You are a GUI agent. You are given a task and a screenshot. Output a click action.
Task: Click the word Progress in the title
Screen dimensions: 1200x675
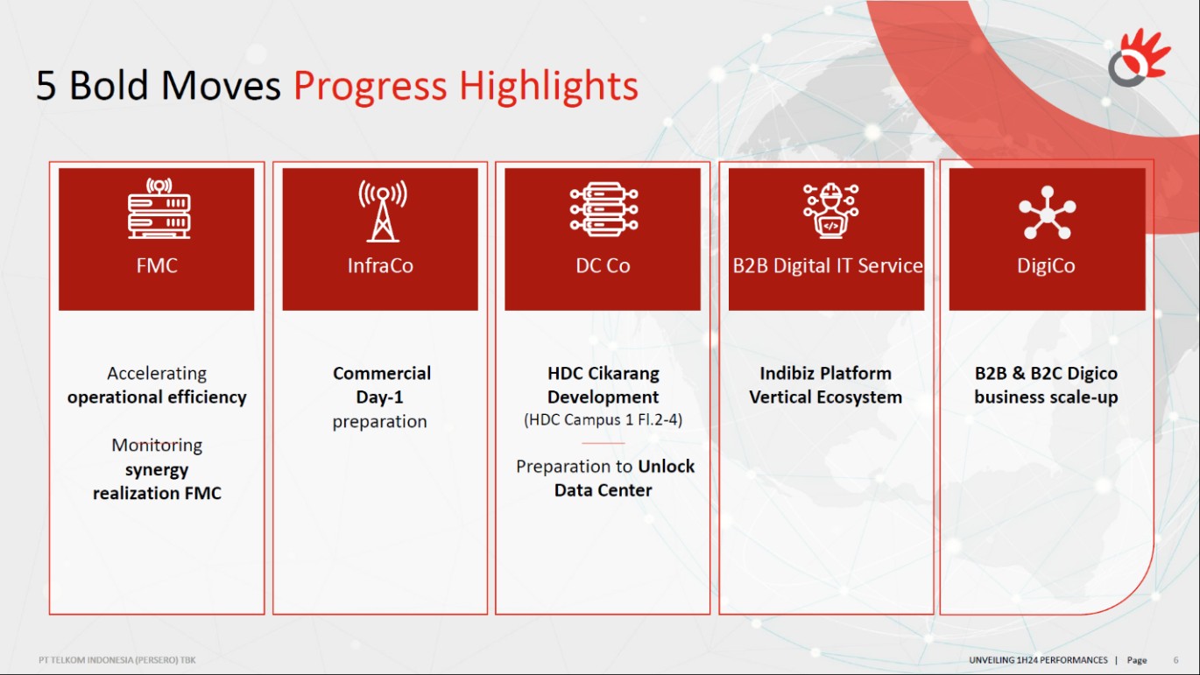(x=370, y=86)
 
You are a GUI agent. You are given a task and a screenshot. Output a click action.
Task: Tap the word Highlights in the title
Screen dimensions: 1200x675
(x=548, y=86)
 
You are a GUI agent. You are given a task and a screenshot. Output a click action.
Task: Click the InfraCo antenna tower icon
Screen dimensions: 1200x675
(x=383, y=211)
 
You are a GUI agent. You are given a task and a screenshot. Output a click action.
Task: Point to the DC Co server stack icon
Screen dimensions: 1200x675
(x=604, y=209)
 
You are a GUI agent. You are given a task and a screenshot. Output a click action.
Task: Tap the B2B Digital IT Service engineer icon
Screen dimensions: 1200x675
(x=830, y=210)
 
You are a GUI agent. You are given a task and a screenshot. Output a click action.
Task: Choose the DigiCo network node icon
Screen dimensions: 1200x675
(x=1048, y=213)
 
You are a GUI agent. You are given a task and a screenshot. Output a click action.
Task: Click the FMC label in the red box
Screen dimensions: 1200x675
(x=157, y=265)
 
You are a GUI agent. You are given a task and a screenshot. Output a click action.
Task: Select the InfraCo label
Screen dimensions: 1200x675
(x=380, y=265)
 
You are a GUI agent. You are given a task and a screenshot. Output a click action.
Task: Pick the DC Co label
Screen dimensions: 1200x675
(x=603, y=265)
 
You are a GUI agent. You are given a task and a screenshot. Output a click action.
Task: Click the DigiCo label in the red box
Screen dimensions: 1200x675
(x=1046, y=266)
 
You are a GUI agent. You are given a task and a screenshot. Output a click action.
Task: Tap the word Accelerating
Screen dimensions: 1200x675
(x=157, y=374)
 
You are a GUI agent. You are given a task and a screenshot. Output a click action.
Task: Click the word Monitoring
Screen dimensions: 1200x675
(x=157, y=446)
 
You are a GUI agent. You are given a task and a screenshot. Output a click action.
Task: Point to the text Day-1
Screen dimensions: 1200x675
(x=379, y=397)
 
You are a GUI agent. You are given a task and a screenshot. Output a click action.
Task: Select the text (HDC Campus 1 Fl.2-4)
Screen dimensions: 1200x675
(x=604, y=419)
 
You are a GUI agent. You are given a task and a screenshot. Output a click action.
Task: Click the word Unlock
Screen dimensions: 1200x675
(x=666, y=467)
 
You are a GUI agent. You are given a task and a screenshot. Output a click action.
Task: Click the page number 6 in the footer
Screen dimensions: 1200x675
(x=1175, y=660)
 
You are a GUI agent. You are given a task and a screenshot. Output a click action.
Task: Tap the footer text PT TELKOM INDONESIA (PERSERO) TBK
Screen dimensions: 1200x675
(x=116, y=660)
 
